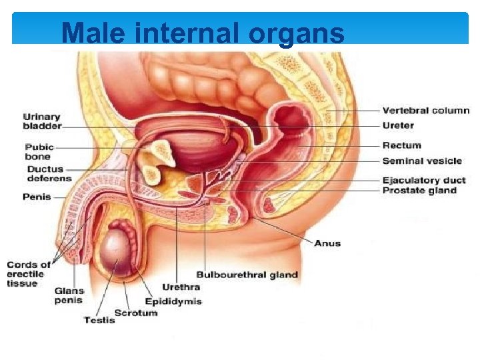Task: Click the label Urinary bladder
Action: pyautogui.click(x=42, y=120)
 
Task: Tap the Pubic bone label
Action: pyautogui.click(x=39, y=151)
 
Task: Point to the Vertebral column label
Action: pyautogui.click(x=425, y=111)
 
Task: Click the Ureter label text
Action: pyautogui.click(x=398, y=125)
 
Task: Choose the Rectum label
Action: pyautogui.click(x=401, y=145)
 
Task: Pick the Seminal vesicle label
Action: pyautogui.click(x=422, y=161)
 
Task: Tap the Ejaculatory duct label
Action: pyautogui.click(x=424, y=180)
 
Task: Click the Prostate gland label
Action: pyautogui.click(x=419, y=191)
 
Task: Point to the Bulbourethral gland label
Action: pyautogui.click(x=247, y=275)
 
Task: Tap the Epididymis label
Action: pyautogui.click(x=173, y=301)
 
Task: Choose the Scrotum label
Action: pyautogui.click(x=136, y=312)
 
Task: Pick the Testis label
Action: pyautogui.click(x=99, y=321)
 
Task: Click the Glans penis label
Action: pyautogui.click(x=69, y=295)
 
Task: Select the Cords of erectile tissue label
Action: pyautogui.click(x=28, y=274)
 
